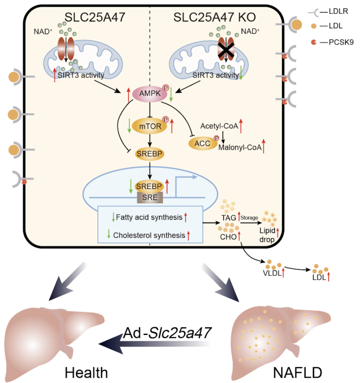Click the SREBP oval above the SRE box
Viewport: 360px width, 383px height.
click(x=149, y=186)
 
